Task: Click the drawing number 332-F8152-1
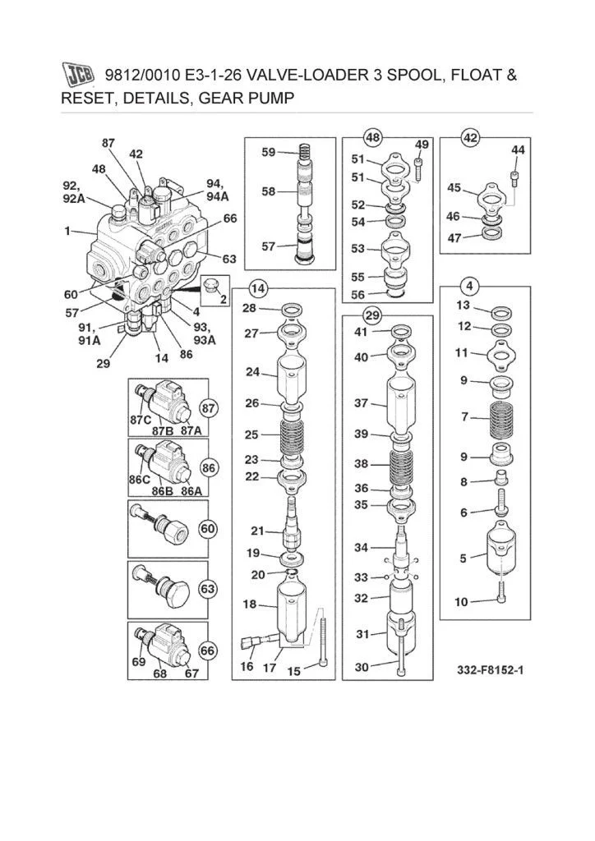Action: pos(491,670)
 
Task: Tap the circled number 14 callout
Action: pos(257,288)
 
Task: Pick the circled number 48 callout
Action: pos(373,136)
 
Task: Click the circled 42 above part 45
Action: pos(470,137)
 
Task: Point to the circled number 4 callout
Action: pos(469,287)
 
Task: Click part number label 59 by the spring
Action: pos(269,152)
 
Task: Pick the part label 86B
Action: pos(163,490)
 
